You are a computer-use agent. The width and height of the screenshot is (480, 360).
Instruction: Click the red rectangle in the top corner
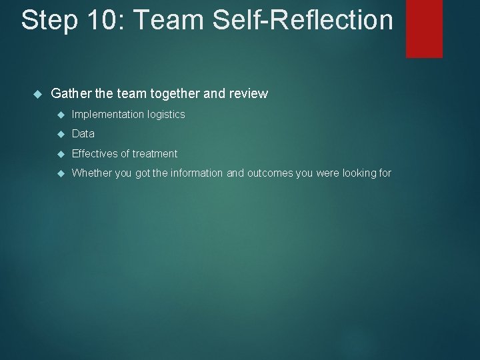[x=424, y=28]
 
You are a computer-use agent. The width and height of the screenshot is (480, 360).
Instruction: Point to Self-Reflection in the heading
[x=304, y=20]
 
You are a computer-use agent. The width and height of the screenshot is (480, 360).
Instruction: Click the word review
[x=248, y=94]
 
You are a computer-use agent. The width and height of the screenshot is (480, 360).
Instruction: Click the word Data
[x=83, y=134]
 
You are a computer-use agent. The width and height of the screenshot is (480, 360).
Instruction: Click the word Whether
[x=91, y=173]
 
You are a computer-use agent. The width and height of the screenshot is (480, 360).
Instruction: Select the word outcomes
[x=270, y=173]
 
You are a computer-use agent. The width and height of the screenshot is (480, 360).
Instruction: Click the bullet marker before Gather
[x=37, y=94]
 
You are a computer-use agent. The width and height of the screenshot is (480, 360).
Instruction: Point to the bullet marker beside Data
[x=60, y=134]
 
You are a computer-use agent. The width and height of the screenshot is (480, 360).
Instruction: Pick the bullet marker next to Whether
[x=60, y=173]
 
